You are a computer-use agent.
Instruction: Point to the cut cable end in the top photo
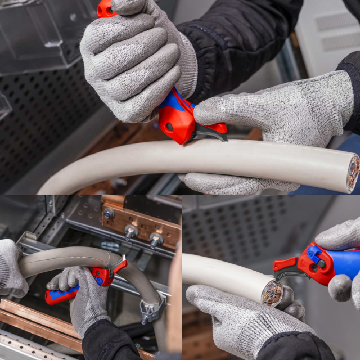tap(353, 171)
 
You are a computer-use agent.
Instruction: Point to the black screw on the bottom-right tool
tap(321, 264)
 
